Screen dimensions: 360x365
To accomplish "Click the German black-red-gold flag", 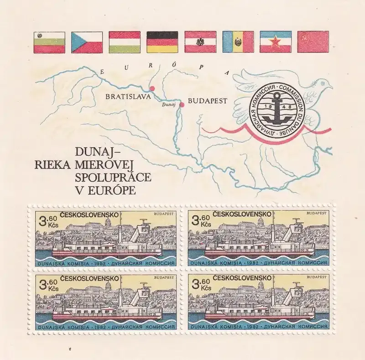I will coord(162,42).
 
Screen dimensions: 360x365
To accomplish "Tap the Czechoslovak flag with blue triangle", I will coord(87,42).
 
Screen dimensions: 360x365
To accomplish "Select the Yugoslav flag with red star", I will coord(275,42).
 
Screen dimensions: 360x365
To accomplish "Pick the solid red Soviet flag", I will coord(313,42).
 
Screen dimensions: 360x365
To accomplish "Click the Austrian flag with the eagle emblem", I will coord(200,42).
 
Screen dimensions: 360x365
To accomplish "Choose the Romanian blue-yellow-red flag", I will coord(237,42).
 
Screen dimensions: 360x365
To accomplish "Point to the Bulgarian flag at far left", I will coord(49,42).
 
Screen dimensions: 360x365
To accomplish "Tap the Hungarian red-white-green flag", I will coord(125,42).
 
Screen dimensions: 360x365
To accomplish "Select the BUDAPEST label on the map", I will coord(208,102).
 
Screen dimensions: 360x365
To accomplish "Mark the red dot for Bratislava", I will coord(152,88).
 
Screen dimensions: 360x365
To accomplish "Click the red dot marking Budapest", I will coord(182,105).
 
